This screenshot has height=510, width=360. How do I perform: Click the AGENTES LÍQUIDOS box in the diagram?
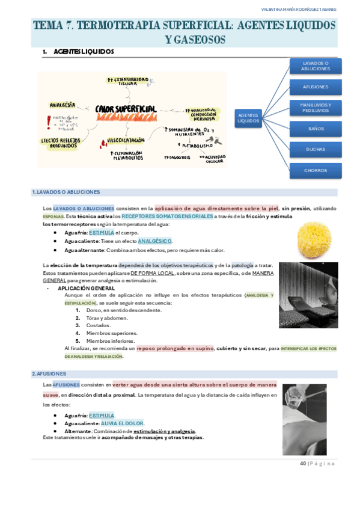click(248, 118)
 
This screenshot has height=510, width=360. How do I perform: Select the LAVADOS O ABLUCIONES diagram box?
click(316, 66)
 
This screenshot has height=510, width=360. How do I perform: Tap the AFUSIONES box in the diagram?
click(316, 87)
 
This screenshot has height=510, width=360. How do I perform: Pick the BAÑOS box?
click(316, 129)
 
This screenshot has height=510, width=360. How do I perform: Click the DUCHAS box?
click(316, 149)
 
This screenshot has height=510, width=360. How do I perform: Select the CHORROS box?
click(316, 170)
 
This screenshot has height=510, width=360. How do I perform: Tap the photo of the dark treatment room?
click(308, 295)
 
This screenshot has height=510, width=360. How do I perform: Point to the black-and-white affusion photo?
click(304, 411)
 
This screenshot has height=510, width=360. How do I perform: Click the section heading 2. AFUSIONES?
click(50, 373)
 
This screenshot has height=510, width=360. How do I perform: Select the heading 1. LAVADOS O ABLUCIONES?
click(66, 192)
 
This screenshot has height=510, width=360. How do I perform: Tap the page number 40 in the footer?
click(303, 464)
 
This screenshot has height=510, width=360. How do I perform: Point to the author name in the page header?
click(299, 10)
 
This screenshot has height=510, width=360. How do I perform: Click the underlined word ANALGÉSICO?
click(154, 241)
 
